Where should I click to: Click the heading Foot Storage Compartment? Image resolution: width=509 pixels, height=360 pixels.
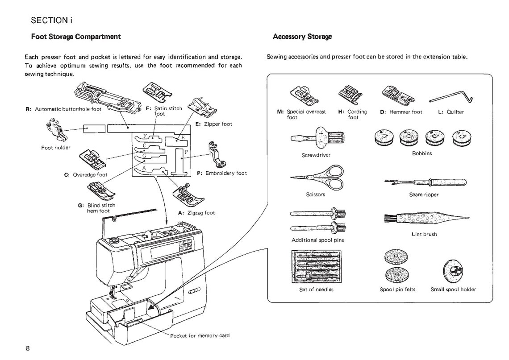click(x=75, y=37)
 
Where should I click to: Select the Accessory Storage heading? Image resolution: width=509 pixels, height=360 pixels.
click(x=302, y=37)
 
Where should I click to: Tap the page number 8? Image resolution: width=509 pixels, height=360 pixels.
click(x=28, y=348)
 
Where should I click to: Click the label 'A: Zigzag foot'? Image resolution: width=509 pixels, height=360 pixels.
click(x=196, y=213)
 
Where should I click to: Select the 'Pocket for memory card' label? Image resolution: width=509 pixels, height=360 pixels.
click(x=200, y=335)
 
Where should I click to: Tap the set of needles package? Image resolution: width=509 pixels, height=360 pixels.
click(x=316, y=266)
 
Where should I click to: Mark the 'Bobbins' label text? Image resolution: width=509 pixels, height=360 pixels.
click(x=421, y=153)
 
